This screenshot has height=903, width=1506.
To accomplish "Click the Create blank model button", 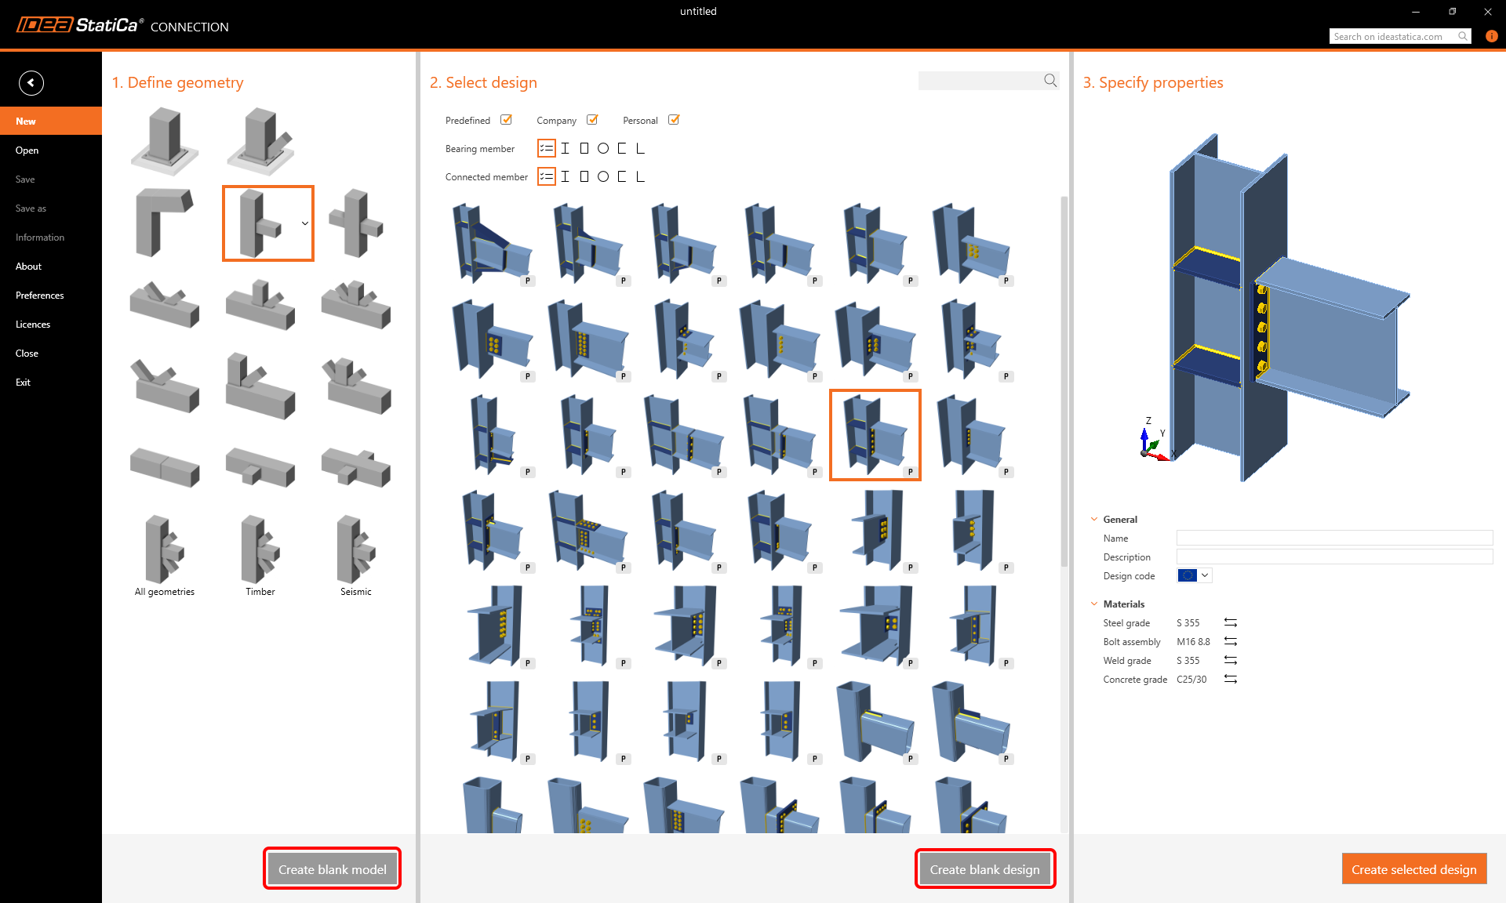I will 332,869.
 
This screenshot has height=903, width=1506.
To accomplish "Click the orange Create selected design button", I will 1413,869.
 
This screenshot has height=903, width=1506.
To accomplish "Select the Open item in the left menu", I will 27,150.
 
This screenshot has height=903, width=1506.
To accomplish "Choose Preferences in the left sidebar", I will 40,296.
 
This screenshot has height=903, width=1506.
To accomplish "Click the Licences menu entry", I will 33,325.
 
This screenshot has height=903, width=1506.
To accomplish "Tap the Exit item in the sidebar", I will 24,383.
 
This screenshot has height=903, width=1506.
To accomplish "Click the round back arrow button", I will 31,82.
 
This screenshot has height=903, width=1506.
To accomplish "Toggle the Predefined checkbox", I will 507,120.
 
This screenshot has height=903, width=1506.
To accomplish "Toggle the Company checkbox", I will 593,120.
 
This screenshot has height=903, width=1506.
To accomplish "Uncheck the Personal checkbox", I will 674,120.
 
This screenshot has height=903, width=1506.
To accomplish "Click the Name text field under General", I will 1333,539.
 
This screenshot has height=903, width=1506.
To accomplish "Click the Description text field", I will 1333,557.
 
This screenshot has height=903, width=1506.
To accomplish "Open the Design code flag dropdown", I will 1195,576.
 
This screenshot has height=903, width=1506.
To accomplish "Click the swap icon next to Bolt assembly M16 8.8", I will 1231,642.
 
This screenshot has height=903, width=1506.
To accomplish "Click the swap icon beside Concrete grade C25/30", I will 1231,680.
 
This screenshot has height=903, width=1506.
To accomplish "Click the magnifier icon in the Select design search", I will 1050,81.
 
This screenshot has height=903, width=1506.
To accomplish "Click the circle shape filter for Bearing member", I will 603,148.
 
